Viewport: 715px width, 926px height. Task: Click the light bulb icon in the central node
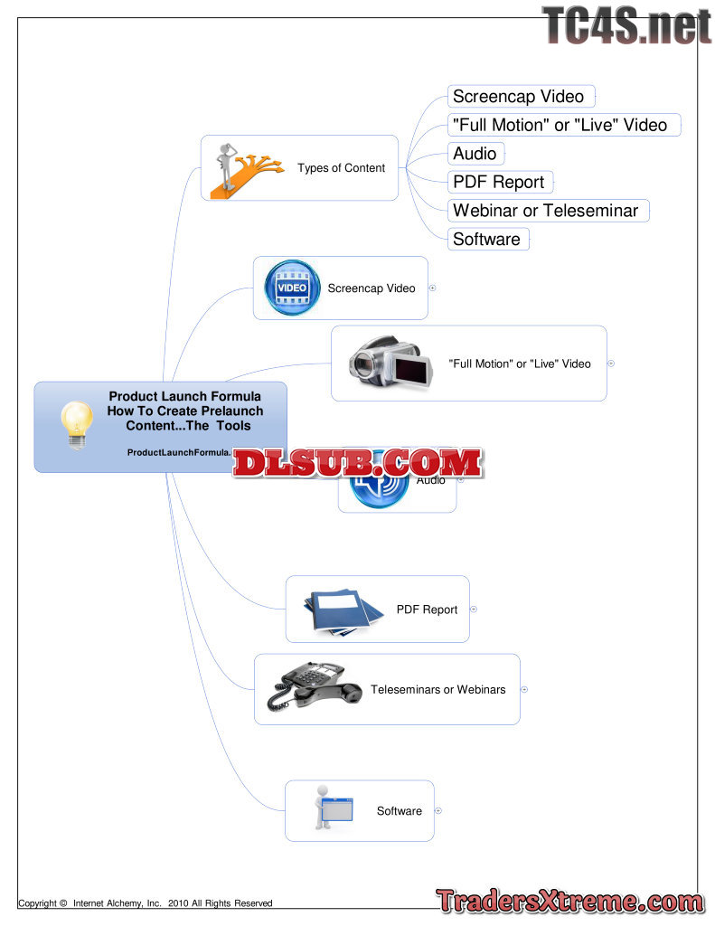78,425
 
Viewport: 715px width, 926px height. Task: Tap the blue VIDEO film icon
291,288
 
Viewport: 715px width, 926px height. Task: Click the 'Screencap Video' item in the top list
519,97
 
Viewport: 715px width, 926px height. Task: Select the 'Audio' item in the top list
475,154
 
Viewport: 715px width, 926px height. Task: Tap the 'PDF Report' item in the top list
499,182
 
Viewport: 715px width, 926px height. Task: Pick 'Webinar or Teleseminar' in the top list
546,211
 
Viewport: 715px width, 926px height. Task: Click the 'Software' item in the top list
486,240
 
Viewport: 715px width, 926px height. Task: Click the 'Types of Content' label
341,168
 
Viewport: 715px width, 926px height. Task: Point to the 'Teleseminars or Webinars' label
438,690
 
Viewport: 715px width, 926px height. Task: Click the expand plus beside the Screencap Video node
432,288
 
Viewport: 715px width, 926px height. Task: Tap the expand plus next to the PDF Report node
474,609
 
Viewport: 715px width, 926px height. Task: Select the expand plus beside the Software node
438,811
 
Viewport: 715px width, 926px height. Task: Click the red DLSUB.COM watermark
358,463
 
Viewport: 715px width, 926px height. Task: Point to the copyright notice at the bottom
146,902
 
